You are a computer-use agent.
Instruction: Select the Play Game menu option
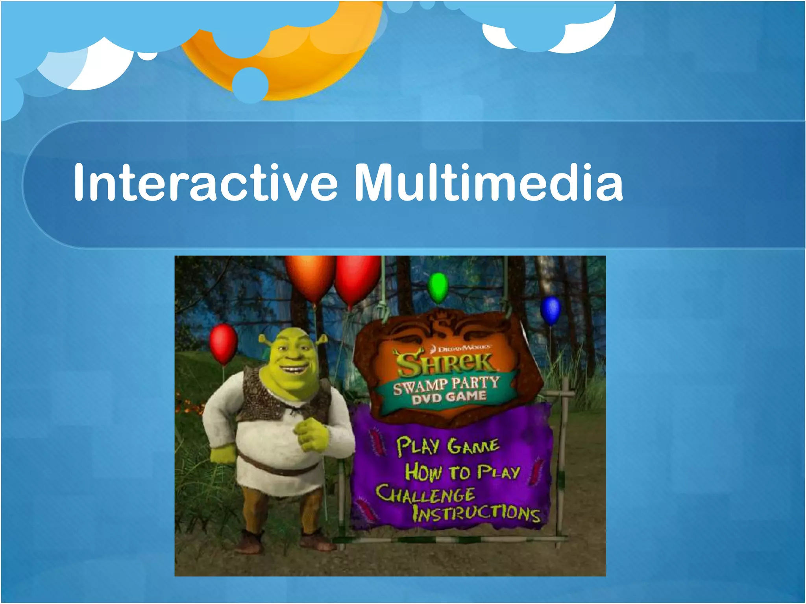click(x=447, y=446)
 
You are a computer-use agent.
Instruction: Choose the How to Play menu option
click(x=462, y=472)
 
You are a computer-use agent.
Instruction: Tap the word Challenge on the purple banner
click(x=425, y=495)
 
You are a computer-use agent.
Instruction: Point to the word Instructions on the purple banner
click(x=476, y=513)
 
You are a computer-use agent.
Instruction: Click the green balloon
click(x=438, y=287)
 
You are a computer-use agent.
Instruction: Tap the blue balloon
click(x=550, y=310)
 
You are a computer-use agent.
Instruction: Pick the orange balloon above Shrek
click(x=310, y=277)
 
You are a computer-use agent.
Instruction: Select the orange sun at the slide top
click(x=311, y=63)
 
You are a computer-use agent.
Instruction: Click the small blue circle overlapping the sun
click(x=250, y=85)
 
